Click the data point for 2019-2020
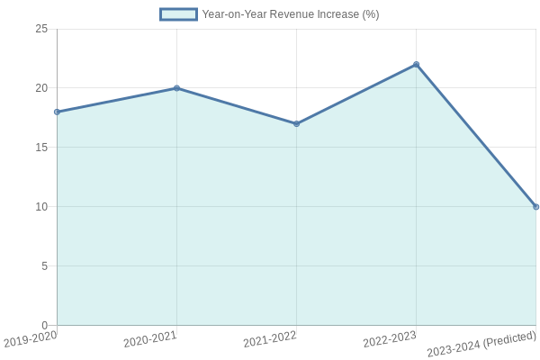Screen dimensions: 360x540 57,112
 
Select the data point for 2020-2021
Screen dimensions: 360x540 176,88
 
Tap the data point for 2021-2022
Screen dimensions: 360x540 296,123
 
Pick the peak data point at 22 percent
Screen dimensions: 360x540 416,64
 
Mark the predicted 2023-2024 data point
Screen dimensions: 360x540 535,207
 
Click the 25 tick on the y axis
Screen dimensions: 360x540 41,29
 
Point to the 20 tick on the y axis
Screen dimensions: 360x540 41,88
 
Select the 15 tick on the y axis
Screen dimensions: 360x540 41,148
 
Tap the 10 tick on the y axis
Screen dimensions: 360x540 41,207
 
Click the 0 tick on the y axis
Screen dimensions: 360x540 44,325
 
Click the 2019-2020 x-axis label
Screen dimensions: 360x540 31,339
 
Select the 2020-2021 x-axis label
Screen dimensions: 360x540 150,339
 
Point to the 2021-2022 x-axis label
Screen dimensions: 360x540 270,339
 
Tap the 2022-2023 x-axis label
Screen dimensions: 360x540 390,339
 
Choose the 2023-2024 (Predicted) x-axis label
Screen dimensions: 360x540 481,344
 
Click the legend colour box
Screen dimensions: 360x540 178,14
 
